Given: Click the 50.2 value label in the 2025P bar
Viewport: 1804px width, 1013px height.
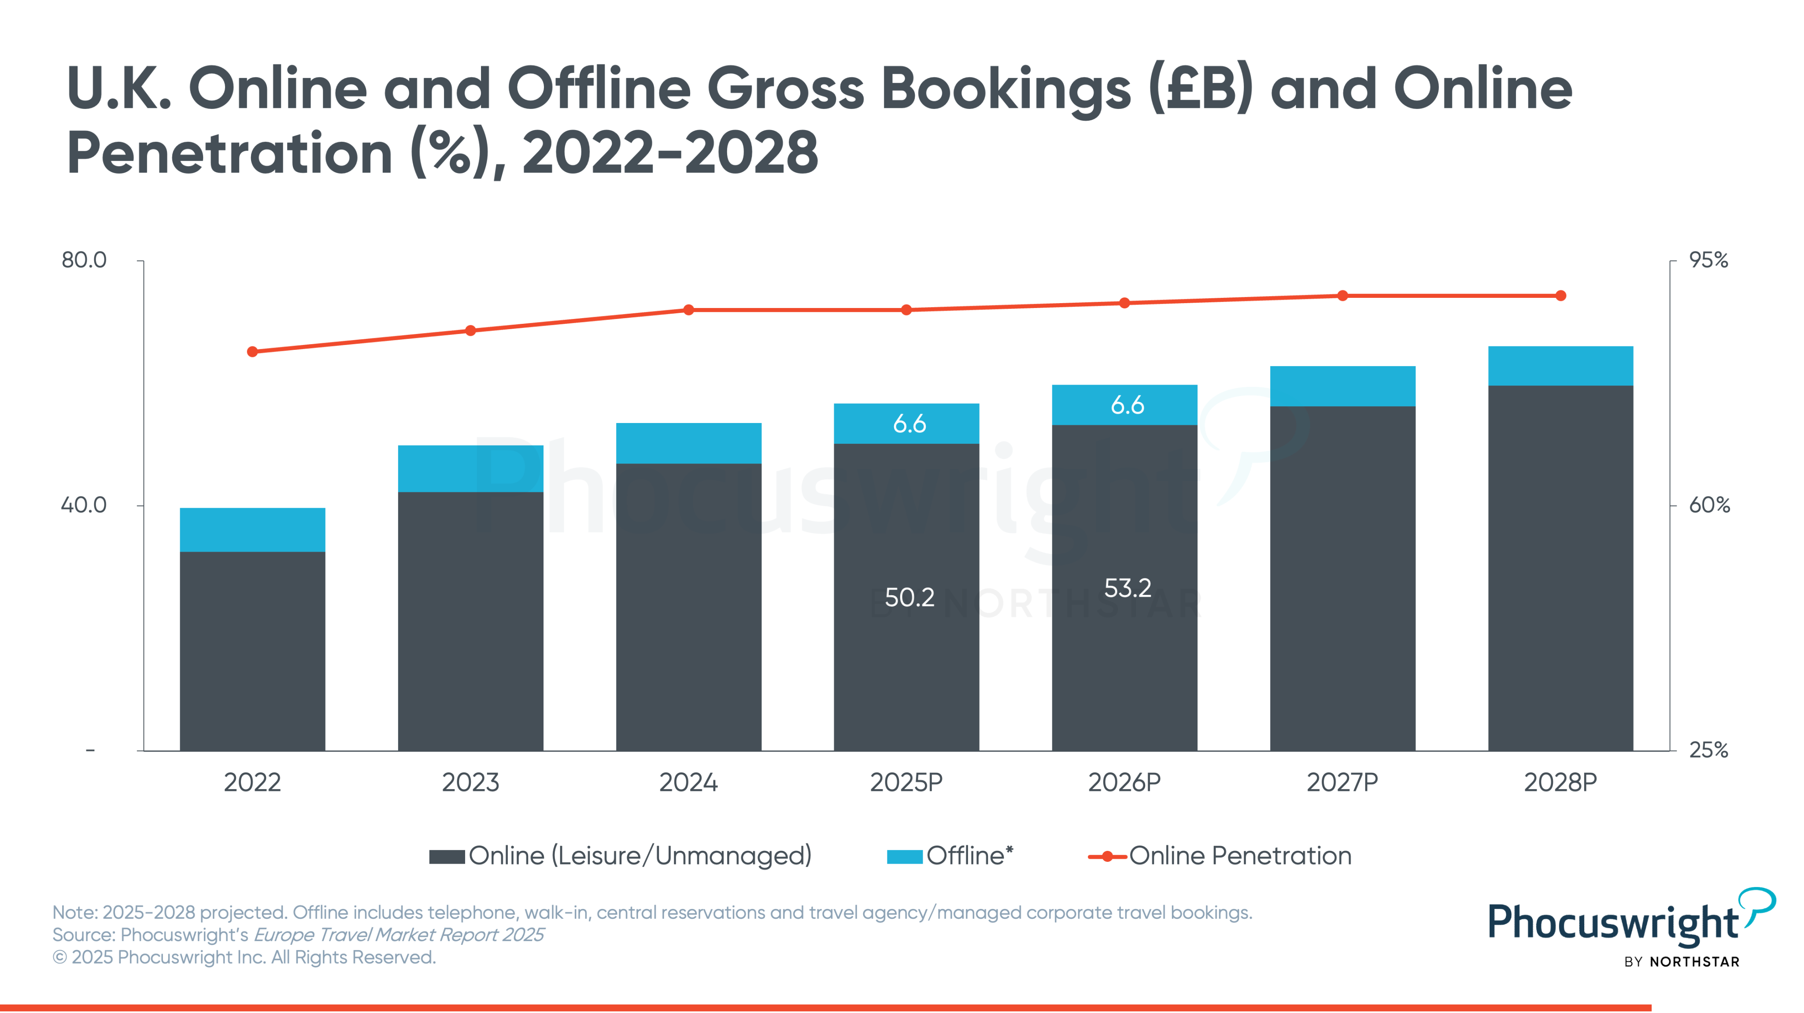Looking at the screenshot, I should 909,597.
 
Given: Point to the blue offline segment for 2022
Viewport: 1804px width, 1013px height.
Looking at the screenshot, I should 252,530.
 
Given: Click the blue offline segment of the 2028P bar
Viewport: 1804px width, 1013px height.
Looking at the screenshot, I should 1560,366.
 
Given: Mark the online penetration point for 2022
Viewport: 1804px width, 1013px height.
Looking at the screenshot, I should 252,352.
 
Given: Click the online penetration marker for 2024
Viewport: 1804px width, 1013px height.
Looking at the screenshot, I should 688,310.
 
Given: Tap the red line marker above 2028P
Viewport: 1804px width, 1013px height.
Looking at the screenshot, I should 1560,296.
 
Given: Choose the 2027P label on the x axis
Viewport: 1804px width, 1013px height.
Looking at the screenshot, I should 1342,782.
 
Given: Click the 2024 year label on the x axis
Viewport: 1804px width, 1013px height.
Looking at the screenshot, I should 688,782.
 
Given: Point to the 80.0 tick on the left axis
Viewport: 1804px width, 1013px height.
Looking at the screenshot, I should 84,260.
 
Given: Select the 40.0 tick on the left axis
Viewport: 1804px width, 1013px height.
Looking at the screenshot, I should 84,505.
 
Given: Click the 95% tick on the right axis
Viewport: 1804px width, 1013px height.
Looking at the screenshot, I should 1708,260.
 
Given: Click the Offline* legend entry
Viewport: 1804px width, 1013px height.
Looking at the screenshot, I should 950,855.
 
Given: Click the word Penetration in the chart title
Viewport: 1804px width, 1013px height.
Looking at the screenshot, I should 229,153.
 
